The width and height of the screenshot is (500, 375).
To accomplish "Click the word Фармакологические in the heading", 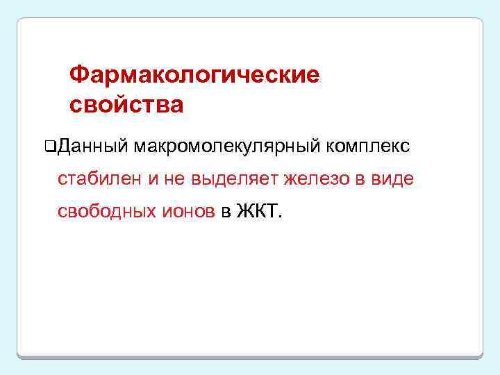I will click(x=194, y=74).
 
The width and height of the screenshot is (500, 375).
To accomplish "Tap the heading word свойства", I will click(x=126, y=105).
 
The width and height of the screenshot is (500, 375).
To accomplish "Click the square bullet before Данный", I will click(x=49, y=147).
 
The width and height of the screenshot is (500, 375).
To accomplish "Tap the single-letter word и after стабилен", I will click(x=153, y=179).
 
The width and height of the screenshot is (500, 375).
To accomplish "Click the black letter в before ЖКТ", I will click(x=226, y=211).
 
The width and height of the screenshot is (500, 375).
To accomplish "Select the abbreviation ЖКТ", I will click(x=257, y=211).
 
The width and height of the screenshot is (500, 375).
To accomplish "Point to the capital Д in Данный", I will click(x=65, y=147).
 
